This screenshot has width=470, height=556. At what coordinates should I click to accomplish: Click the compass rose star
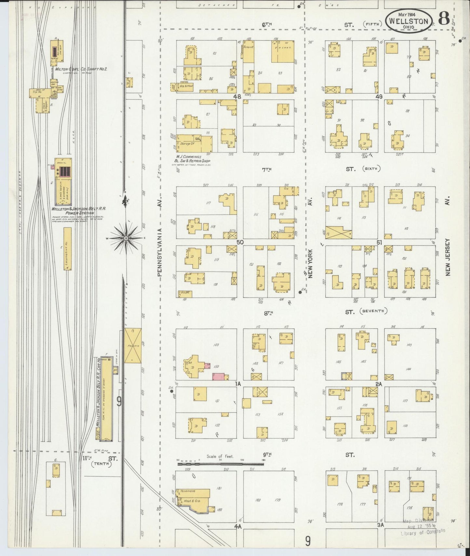click(x=126, y=238)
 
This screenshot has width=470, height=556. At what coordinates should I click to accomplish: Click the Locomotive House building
click(x=67, y=248)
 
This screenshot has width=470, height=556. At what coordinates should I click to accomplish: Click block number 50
click(x=240, y=242)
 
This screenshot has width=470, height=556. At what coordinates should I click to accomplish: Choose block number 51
click(x=379, y=242)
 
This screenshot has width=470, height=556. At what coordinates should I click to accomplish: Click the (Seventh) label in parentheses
click(x=374, y=311)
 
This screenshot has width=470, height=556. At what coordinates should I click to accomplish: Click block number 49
click(x=379, y=97)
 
